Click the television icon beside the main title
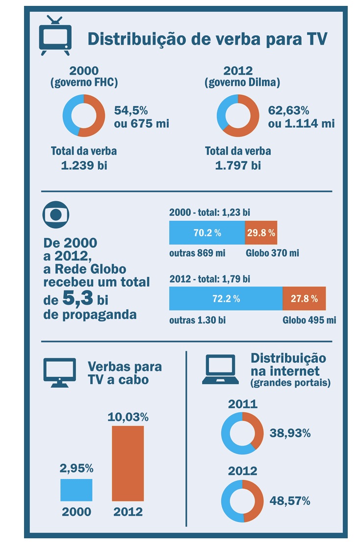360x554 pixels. click(x=55, y=35)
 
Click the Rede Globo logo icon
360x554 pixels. click(x=56, y=215)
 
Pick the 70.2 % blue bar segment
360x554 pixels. click(x=206, y=233)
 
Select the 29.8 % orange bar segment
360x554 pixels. click(x=261, y=233)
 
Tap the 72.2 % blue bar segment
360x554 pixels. click(x=226, y=299)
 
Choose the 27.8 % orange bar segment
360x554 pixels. click(x=304, y=299)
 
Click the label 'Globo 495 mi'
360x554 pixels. click(x=309, y=320)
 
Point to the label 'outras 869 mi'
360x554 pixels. click(x=197, y=253)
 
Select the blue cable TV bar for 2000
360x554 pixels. click(x=76, y=490)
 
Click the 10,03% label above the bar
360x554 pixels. click(x=128, y=417)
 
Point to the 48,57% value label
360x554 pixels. click(x=289, y=501)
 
